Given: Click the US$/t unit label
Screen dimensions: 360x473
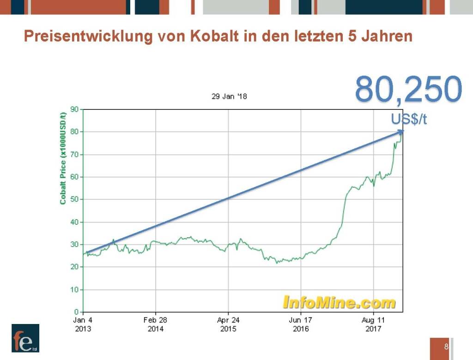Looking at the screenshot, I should coord(409,120).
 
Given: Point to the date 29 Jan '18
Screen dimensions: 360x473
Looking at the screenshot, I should coord(229,97).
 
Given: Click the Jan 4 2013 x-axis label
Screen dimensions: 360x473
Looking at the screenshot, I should coord(83,324).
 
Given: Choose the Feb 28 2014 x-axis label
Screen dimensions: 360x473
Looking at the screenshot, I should coord(156,324).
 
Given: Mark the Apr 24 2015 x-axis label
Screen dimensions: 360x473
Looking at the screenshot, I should coord(228,324).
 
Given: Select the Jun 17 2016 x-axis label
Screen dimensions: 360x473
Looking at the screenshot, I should coord(301,324).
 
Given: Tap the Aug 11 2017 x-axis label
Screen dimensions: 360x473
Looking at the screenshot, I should coord(373,324).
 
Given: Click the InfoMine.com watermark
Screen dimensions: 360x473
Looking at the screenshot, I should coord(339,302).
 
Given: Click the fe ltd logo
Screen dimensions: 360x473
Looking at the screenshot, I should coord(25,338).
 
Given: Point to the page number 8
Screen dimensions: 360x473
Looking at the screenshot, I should coord(446,347).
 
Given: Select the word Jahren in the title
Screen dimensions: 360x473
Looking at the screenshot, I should coord(388,36).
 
